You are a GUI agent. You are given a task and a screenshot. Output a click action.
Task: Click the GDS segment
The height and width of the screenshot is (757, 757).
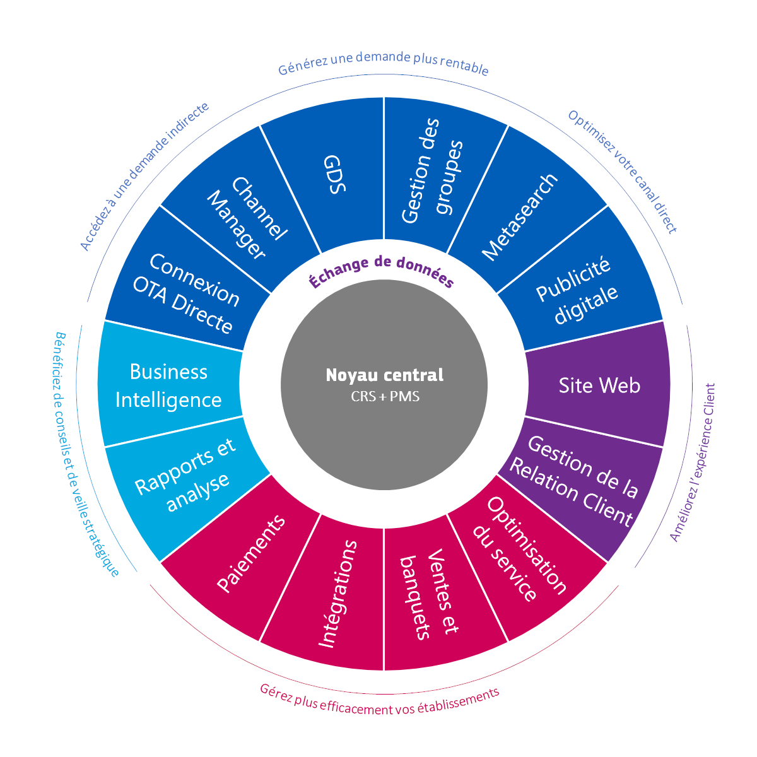[334, 173]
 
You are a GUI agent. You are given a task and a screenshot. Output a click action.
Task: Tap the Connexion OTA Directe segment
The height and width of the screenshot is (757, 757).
[185, 293]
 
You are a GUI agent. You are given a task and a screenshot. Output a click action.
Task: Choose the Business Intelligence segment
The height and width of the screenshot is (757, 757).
[168, 385]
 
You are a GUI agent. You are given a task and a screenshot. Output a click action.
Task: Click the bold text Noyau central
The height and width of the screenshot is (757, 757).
[384, 375]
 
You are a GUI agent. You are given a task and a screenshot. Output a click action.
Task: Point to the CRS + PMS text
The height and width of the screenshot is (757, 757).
[384, 397]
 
